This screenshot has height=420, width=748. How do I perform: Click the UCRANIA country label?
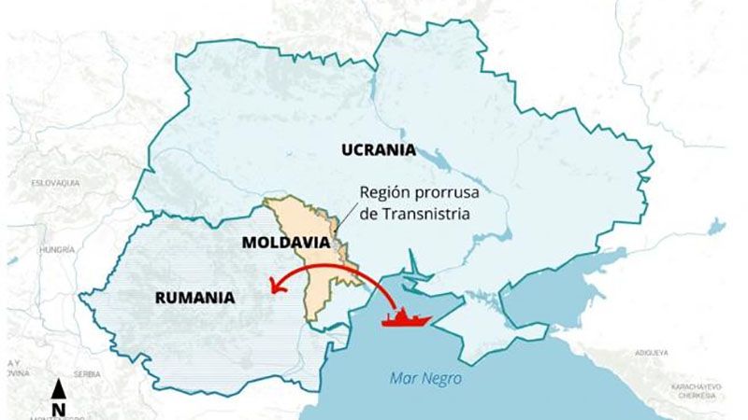click(x=379, y=149)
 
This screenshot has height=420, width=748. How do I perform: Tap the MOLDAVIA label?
click(x=286, y=242)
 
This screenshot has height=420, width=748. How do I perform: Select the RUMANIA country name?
click(x=194, y=299)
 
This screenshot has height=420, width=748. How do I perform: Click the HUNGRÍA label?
click(x=56, y=250)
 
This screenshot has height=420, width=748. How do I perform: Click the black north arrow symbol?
click(x=58, y=390)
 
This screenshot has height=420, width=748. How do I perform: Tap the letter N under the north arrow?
click(x=58, y=410)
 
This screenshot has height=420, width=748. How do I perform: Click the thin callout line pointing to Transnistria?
click(x=346, y=214)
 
